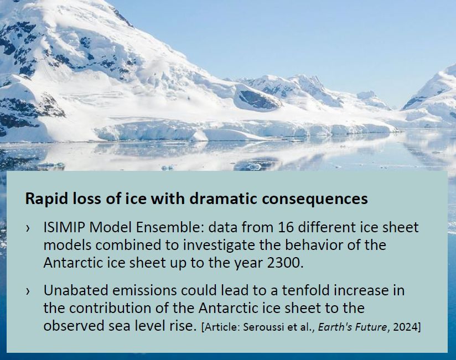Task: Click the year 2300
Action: pyautogui.click(x=286, y=262)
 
